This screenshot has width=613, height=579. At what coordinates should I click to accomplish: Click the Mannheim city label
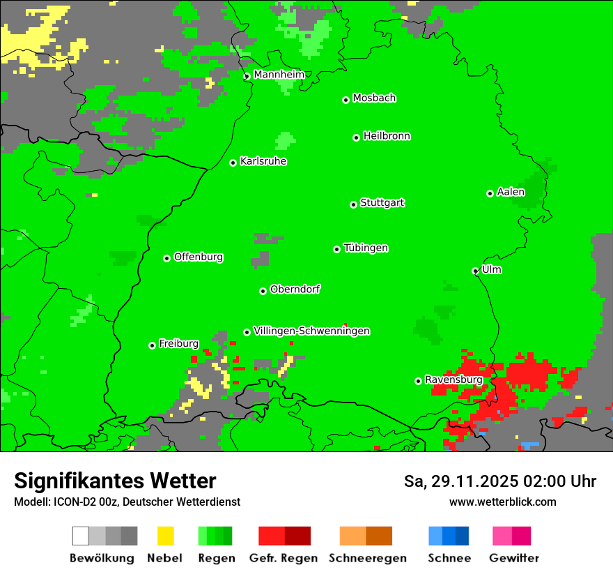coord(279,74)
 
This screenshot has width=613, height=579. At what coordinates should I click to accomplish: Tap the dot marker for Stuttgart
coord(353,204)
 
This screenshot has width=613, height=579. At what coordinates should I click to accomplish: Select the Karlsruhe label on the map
coord(263,161)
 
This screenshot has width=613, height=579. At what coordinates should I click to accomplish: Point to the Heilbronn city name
coord(387,136)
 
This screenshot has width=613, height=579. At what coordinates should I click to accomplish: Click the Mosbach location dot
coord(346,100)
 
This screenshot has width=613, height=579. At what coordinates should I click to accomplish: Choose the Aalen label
coord(511,192)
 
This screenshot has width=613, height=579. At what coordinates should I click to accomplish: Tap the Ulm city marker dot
coord(476,271)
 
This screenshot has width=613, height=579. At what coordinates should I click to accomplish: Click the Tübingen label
coord(366,248)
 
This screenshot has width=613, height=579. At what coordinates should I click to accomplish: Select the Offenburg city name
coord(199,257)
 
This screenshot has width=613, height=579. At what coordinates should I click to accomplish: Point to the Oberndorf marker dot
coord(263,291)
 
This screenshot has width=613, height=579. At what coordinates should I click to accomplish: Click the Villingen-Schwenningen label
coord(311,331)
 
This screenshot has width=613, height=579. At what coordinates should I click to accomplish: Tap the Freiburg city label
coord(178,343)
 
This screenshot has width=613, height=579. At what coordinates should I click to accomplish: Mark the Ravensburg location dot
coord(418,381)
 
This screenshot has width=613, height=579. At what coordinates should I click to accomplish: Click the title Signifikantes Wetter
coord(115,481)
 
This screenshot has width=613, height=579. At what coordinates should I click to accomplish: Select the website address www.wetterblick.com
coord(502,502)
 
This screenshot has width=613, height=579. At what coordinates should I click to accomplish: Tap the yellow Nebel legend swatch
coord(165,536)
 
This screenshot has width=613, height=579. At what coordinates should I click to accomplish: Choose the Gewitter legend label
coord(513,558)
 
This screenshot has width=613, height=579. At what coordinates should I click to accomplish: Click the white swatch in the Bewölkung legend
coord(81,536)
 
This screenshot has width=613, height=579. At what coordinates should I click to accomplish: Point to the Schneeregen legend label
coord(367,558)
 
